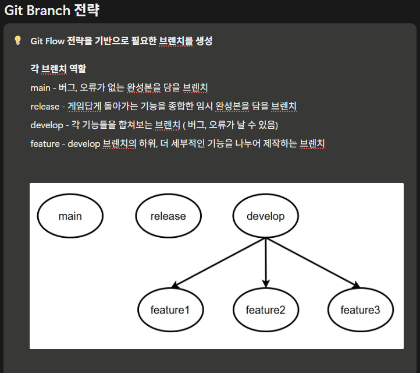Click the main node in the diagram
click(70, 216)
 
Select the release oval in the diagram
click(168, 216)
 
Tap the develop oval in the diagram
click(265, 216)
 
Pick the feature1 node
click(170, 309)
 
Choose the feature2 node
click(265, 309)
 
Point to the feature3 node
click(360, 309)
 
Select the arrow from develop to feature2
click(266, 263)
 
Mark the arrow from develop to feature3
click(312, 263)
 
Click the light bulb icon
click(17, 41)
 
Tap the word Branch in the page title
click(48, 10)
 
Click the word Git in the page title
click(13, 10)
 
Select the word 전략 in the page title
click(88, 10)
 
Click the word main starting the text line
click(40, 88)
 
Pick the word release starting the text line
click(45, 107)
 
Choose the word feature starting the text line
click(45, 144)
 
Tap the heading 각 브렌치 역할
click(58, 69)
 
